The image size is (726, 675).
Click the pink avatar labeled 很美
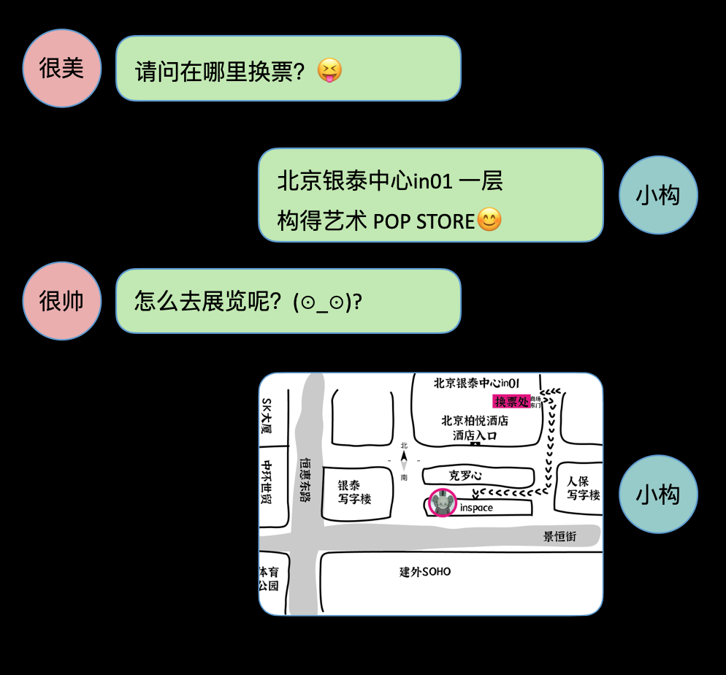[x=61, y=68]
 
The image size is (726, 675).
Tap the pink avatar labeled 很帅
[x=61, y=301]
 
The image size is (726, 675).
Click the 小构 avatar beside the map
[x=658, y=495]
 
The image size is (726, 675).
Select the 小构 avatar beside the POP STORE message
[x=658, y=195]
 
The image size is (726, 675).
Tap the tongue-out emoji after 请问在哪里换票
[x=330, y=71]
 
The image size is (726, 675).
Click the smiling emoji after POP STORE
[x=489, y=220]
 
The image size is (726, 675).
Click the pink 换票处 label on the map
[x=512, y=401]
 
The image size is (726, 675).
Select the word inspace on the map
[x=476, y=508]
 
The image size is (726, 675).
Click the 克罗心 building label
[x=465, y=476]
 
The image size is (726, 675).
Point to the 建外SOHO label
[x=425, y=571]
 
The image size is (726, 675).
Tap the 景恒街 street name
[x=559, y=536]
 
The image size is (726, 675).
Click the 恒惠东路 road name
[x=305, y=479]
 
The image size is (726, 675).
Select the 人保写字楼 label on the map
[x=583, y=488]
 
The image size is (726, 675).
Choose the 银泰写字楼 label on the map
[x=354, y=492]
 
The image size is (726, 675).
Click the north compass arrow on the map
[x=404, y=458]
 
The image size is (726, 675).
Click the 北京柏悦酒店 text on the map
[x=475, y=421]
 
